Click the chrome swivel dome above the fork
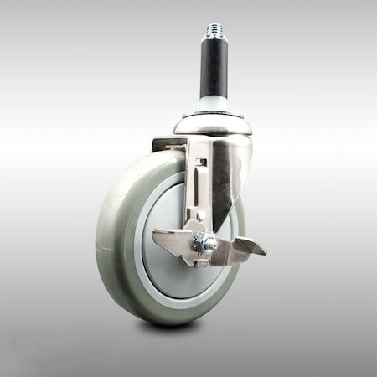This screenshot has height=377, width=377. point(212,125)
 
